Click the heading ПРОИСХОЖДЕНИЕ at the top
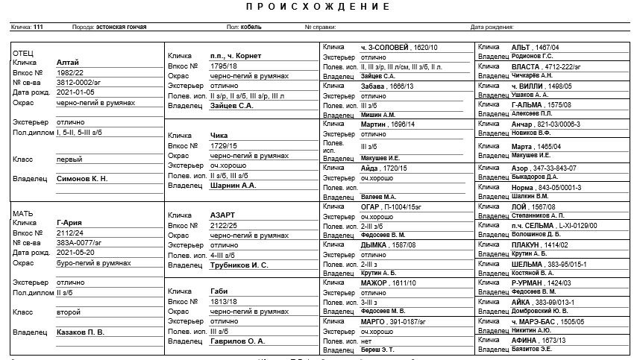click(x=317, y=7)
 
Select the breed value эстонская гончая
click(x=121, y=27)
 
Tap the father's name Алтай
click(x=67, y=63)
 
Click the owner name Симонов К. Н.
click(x=82, y=179)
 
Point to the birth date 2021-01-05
click(x=75, y=92)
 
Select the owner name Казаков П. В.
click(x=81, y=332)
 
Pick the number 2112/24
click(x=72, y=232)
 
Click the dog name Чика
click(x=219, y=136)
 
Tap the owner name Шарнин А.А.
click(x=233, y=185)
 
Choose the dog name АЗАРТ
click(x=223, y=215)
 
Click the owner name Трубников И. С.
click(x=239, y=265)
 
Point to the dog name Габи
click(x=219, y=291)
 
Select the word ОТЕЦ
click(x=24, y=54)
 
